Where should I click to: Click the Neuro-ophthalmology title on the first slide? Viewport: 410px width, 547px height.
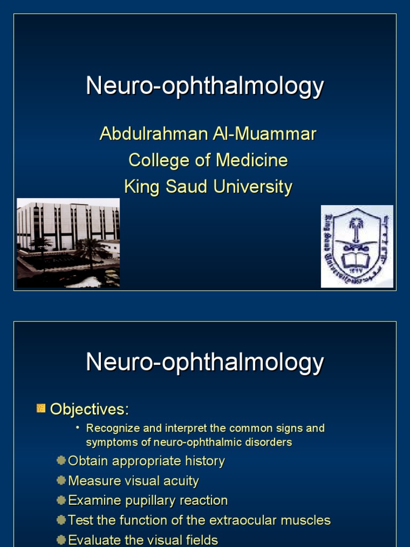click(205, 86)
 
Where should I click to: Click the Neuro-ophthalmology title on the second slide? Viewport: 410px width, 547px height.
click(205, 363)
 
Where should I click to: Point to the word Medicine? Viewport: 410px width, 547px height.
click(253, 160)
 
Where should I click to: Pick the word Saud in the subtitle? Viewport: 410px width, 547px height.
click(190, 186)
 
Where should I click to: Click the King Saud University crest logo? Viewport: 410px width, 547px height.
click(357, 246)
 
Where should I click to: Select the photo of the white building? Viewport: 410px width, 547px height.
click(68, 243)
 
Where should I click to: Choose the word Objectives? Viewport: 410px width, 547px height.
click(89, 410)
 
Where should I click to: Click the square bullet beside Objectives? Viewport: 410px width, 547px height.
click(41, 409)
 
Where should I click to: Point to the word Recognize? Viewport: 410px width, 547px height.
click(109, 428)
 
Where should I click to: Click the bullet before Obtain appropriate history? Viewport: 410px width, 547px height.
click(61, 460)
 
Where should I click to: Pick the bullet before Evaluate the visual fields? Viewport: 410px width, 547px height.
click(61, 540)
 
